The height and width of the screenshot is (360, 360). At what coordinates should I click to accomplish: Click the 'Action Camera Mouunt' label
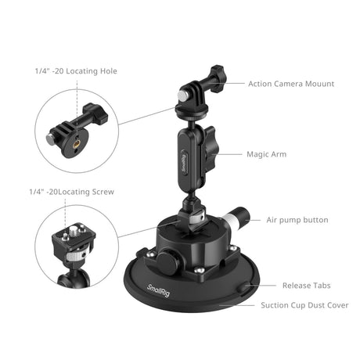coord(291,83)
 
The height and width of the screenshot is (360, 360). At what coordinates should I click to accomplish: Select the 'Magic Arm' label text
coord(268,154)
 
